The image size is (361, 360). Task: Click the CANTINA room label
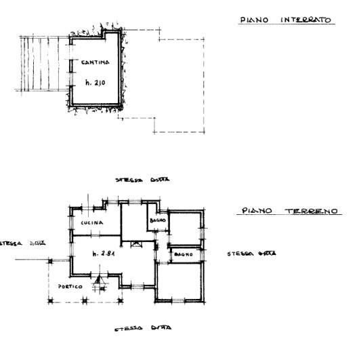coord(95,62)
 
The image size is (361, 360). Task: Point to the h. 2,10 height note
coord(96,82)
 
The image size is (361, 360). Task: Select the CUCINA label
coord(91,222)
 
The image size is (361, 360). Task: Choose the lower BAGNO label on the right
coord(184,254)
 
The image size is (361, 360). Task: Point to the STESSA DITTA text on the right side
coord(251,254)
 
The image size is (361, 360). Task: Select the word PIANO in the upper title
coord(253,20)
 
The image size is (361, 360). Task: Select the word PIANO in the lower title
coord(257,211)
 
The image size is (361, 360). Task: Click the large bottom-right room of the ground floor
coord(179,281)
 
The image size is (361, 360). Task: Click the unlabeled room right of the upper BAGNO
coord(185,228)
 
